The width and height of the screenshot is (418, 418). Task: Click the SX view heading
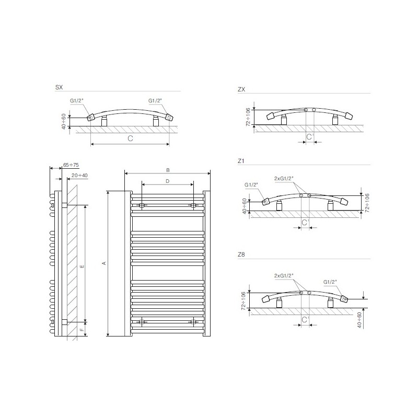[59, 87]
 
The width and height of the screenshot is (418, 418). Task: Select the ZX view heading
[241, 89]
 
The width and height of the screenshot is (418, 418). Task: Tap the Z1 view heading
[241, 161]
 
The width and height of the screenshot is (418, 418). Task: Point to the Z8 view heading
[241, 254]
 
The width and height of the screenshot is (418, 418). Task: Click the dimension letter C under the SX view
[130, 138]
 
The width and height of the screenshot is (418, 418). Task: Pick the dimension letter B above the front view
[168, 170]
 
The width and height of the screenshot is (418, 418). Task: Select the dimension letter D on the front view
[167, 181]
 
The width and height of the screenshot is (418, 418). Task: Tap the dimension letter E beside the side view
[82, 266]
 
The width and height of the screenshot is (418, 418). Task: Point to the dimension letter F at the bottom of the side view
[82, 330]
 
